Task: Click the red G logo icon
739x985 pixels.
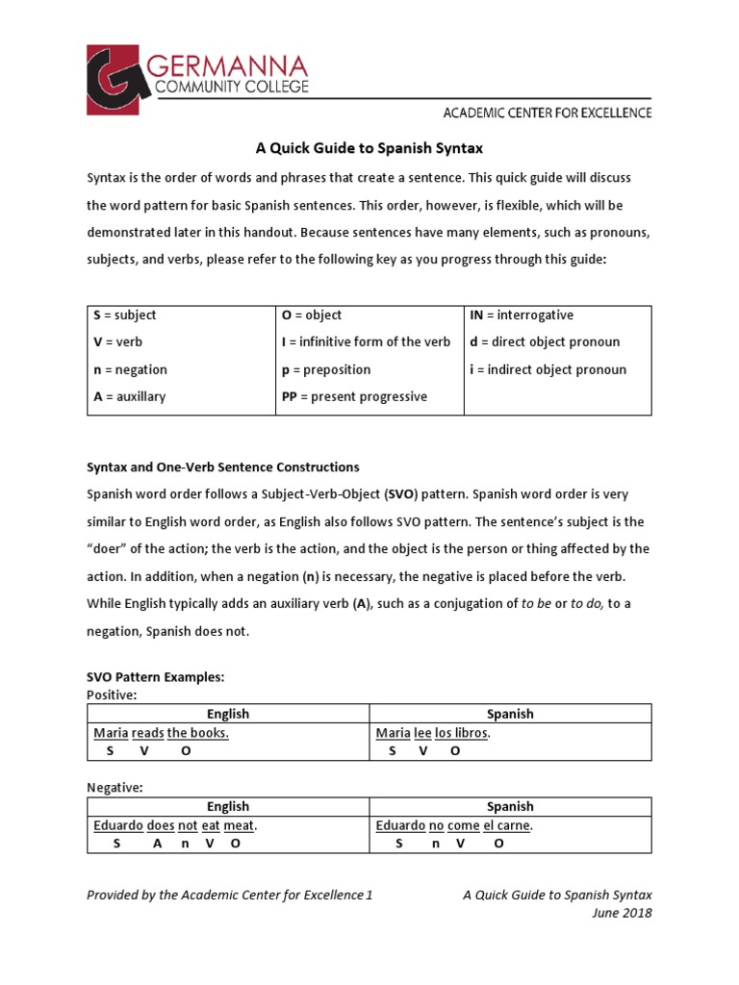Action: point(121,79)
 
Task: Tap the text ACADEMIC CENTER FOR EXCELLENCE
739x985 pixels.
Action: point(547,113)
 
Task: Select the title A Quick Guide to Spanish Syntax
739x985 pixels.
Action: point(369,148)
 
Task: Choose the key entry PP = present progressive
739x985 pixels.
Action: point(354,396)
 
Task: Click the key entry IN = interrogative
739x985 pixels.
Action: point(521,316)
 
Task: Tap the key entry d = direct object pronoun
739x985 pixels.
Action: point(545,342)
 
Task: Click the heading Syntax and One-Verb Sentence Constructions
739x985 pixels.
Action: point(223,467)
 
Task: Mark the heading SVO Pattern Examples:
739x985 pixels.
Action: point(155,677)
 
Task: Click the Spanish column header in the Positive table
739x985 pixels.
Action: point(510,714)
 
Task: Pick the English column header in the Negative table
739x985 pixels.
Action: point(228,807)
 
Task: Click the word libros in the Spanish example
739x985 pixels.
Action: point(471,733)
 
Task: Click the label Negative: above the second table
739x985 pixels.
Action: point(115,788)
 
